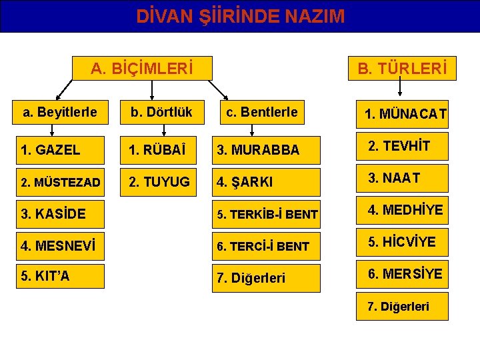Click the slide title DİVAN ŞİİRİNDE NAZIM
(240, 16)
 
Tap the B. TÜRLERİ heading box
(403, 68)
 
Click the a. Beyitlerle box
(60, 112)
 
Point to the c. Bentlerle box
(263, 111)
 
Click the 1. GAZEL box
(60, 150)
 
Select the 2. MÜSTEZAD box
(60, 181)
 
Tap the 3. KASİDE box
(60, 214)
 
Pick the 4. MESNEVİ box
(60, 245)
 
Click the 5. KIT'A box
(60, 276)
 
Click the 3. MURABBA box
(265, 150)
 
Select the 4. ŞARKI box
(265, 181)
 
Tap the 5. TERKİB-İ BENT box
(265, 214)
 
